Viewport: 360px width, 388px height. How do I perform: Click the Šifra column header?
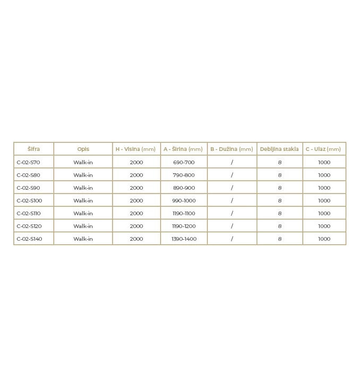point(33,149)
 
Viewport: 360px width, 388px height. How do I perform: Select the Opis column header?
point(83,149)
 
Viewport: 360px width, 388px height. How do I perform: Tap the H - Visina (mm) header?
point(136,149)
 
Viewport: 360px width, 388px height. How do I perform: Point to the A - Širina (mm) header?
point(183,149)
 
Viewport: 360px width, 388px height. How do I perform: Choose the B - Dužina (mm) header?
point(232,149)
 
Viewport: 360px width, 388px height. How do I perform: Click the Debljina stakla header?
point(279,149)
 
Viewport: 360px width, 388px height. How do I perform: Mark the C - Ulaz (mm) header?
point(323,149)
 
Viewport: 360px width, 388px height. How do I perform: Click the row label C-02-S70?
point(28,162)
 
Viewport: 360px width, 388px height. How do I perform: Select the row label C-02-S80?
point(28,175)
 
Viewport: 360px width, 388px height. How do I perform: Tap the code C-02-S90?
point(28,188)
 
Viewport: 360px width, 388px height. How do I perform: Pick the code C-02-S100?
point(29,200)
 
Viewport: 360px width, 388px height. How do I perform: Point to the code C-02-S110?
point(28,213)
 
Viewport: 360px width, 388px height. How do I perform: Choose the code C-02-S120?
point(29,226)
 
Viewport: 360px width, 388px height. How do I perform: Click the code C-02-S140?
point(29,239)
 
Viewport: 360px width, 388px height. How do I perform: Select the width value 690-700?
point(184,162)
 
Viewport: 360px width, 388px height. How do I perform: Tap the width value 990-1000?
point(184,200)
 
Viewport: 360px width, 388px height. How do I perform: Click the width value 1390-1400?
point(184,239)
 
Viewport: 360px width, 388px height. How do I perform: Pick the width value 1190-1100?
point(184,213)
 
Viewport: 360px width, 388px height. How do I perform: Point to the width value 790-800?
point(184,175)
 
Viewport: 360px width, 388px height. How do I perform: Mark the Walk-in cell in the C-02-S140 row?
point(83,239)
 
